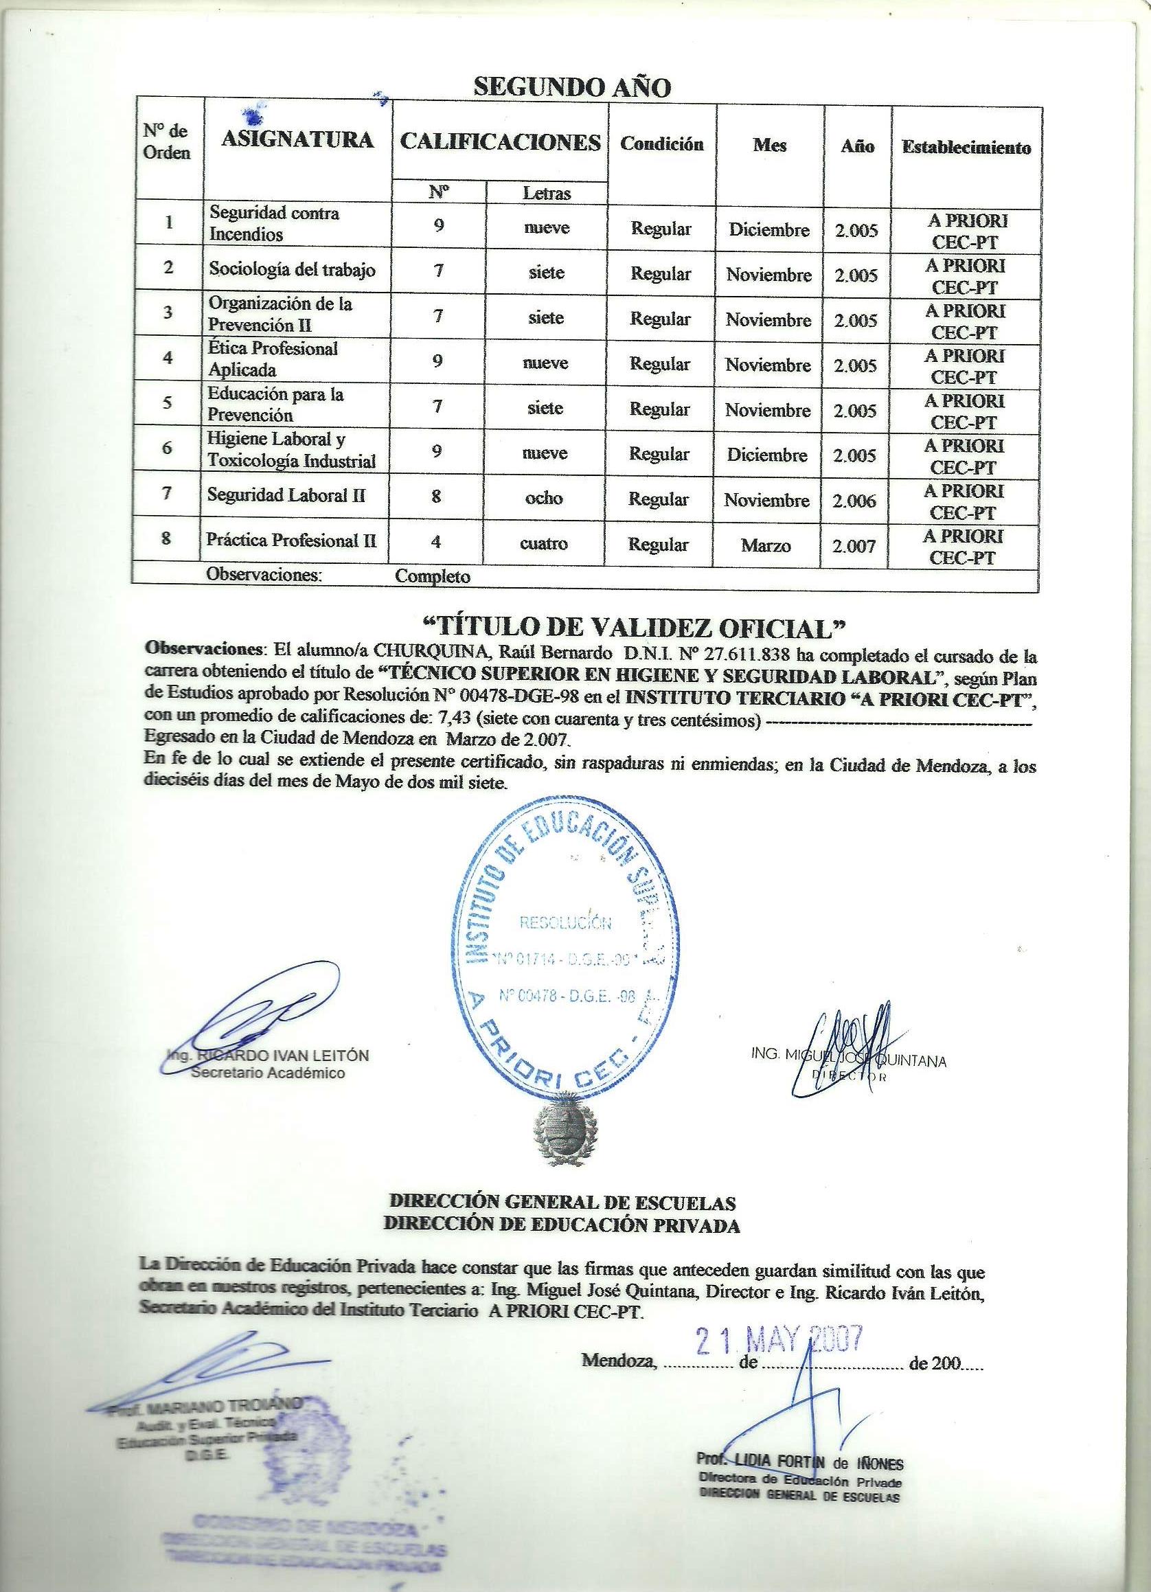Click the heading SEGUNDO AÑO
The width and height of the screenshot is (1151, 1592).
click(x=572, y=87)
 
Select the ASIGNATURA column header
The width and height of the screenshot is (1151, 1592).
click(x=297, y=139)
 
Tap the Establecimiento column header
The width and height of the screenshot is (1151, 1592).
click(x=966, y=148)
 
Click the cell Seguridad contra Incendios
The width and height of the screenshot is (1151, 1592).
click(x=275, y=223)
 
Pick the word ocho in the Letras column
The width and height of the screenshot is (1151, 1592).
click(x=545, y=498)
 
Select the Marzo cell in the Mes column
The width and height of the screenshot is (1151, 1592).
click(x=766, y=545)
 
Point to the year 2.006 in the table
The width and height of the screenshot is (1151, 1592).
click(x=854, y=501)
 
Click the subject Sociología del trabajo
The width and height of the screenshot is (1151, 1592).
click(x=291, y=269)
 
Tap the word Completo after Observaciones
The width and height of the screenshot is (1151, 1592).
click(x=433, y=576)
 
